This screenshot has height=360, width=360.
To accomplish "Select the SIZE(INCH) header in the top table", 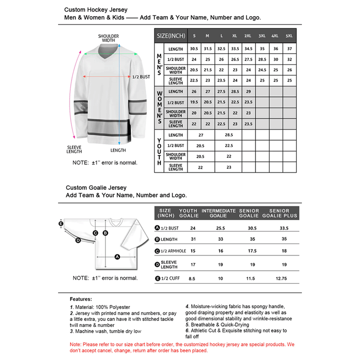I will pos(170,36).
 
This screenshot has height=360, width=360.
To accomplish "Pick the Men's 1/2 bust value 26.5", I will pos(234,59).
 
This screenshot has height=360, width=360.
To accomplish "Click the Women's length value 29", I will pos(248,92).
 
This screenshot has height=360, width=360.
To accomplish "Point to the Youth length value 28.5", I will pos(229,135).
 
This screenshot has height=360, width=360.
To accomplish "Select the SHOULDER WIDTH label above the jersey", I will pos(108,38).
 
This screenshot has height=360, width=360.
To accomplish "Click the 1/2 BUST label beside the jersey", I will pos(141,77).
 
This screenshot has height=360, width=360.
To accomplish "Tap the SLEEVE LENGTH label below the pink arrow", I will pos(74,150).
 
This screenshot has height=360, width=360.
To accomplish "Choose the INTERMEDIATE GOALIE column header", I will pos(219,213).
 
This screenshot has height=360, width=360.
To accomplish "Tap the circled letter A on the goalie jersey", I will pos(117,257).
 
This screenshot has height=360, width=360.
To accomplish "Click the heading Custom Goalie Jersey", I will pos(96,188).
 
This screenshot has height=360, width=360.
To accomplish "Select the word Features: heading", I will pos(81,299).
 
